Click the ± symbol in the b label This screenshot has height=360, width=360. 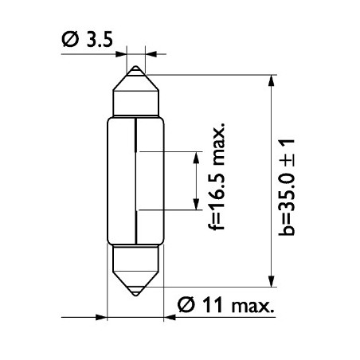[x=288, y=158]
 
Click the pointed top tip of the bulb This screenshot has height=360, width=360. [x=135, y=68]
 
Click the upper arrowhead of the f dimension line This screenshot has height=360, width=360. [x=196, y=154]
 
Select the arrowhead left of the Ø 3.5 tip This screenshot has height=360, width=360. [x=121, y=53]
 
